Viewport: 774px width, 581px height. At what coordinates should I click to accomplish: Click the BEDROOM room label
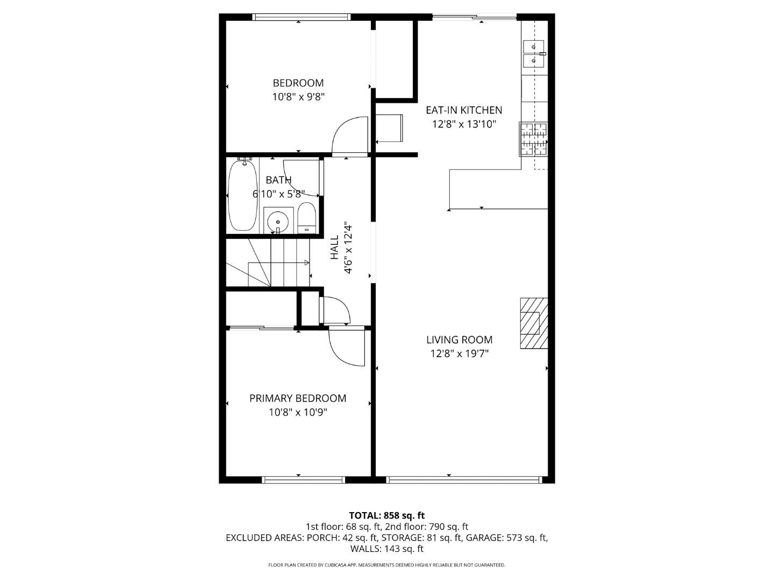298,83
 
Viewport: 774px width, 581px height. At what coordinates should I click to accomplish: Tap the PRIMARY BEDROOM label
298,398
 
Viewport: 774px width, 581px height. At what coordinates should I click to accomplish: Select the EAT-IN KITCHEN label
464,110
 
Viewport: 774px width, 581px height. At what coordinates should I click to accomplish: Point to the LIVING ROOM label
460,339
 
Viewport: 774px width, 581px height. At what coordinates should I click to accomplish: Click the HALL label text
334,247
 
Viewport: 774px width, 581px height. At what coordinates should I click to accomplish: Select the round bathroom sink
277,221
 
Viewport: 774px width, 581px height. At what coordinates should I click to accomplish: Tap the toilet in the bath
306,218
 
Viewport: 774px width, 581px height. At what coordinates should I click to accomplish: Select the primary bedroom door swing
347,347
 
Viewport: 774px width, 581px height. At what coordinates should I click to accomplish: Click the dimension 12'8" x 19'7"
460,353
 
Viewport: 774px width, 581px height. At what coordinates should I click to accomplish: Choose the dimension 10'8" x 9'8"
298,97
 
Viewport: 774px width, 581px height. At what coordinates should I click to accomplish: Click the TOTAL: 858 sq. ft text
387,515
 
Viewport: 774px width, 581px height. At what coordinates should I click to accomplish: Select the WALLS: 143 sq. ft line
387,549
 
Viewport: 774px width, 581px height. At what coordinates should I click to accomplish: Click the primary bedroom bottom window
304,479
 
